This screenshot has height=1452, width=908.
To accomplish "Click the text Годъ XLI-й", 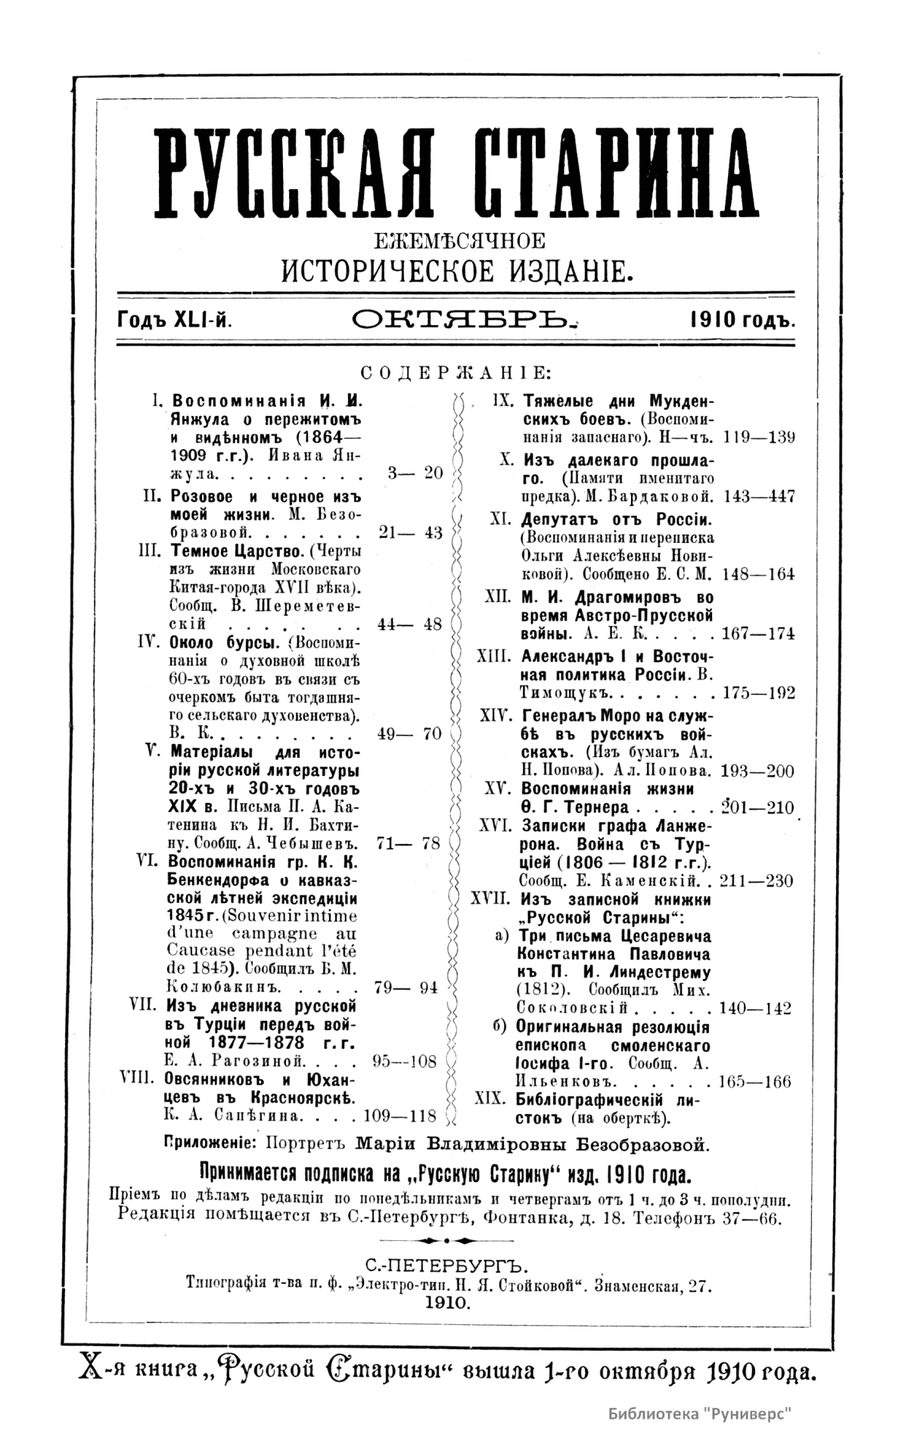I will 174,321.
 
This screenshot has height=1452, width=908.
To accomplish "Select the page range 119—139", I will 759,437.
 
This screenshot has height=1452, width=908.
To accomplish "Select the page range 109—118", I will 400,1114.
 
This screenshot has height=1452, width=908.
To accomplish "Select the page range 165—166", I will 754,1081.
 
